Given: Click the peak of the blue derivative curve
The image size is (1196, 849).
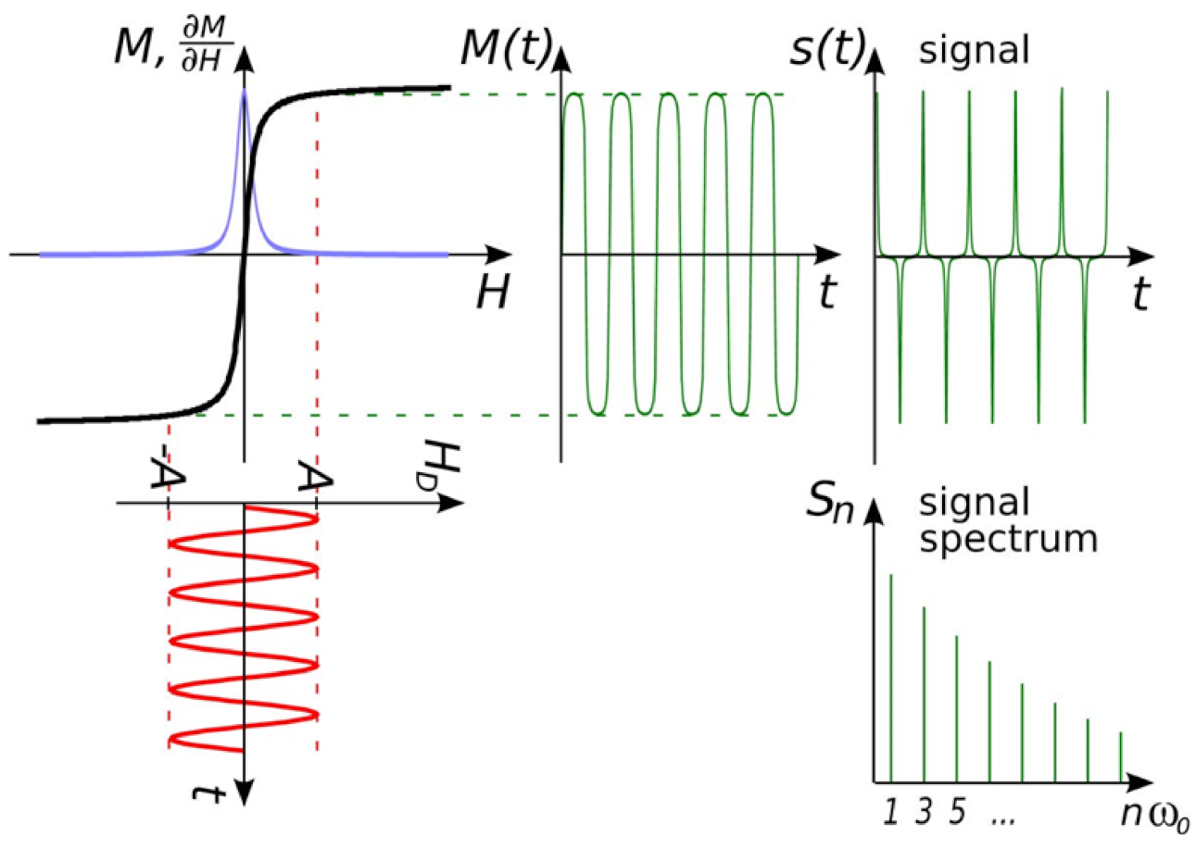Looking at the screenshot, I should (x=244, y=93).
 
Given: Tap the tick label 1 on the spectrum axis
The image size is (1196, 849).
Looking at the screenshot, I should (x=890, y=811).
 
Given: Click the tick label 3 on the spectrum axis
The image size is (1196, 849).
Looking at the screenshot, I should (x=924, y=811).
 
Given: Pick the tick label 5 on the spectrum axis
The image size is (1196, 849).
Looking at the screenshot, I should (x=957, y=811).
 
